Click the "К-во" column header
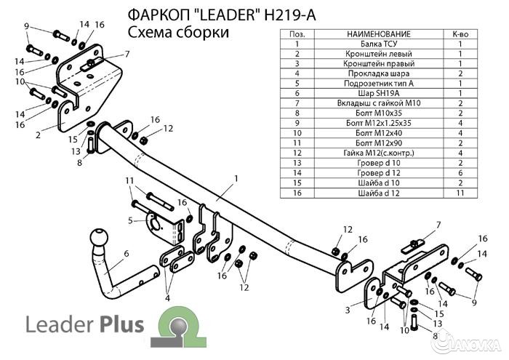click(460, 34)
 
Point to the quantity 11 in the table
click(460, 193)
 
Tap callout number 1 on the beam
click(236, 178)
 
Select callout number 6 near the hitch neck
click(126, 253)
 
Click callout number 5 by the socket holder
click(131, 220)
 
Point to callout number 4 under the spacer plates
click(167, 297)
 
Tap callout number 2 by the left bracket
click(37, 135)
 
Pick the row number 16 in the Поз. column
click(297, 193)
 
